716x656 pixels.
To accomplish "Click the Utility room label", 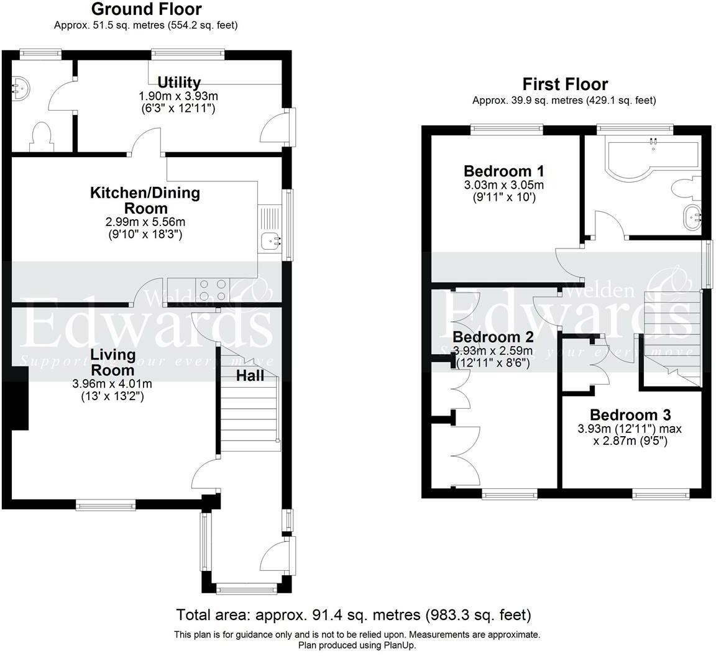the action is (179, 83).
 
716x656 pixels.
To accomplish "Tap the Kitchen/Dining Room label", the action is (145, 201).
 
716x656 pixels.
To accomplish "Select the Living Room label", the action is (112, 362).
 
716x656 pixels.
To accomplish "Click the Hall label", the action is (250, 376).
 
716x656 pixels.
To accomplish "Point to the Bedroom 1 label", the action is (503, 171).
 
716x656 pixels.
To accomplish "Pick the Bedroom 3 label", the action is (630, 415).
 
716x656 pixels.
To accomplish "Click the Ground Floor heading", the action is (146, 9).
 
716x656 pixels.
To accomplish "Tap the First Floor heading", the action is (565, 84).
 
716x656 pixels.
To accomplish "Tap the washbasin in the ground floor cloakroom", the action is (21, 88).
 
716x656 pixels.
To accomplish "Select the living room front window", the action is (106, 505).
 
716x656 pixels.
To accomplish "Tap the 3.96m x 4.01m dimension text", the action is (112, 385).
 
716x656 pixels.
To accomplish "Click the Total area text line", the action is (354, 616).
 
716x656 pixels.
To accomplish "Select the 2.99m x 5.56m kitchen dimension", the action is (145, 222).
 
